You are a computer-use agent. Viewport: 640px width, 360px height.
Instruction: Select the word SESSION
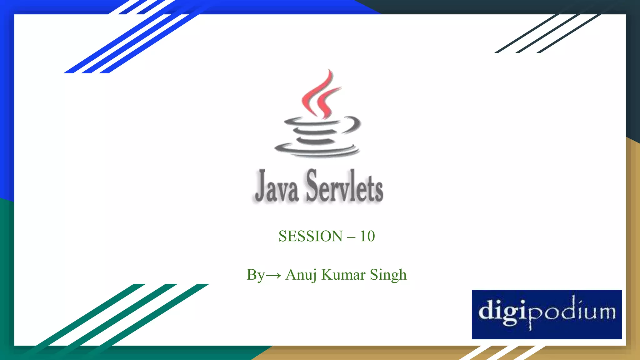(310, 236)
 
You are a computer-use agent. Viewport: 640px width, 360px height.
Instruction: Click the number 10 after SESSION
(367, 236)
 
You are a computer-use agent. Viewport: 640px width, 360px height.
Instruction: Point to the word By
(255, 275)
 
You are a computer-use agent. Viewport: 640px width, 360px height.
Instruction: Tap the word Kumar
(343, 275)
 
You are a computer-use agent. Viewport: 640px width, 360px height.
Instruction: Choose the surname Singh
(388, 275)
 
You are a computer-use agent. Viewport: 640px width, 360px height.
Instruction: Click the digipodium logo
(547, 314)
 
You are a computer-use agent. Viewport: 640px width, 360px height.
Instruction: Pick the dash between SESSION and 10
(351, 237)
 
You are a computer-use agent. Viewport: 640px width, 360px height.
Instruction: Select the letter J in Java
(261, 186)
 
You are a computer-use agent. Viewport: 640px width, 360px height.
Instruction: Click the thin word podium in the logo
(572, 312)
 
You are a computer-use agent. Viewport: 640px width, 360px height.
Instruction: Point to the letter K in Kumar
(327, 275)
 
